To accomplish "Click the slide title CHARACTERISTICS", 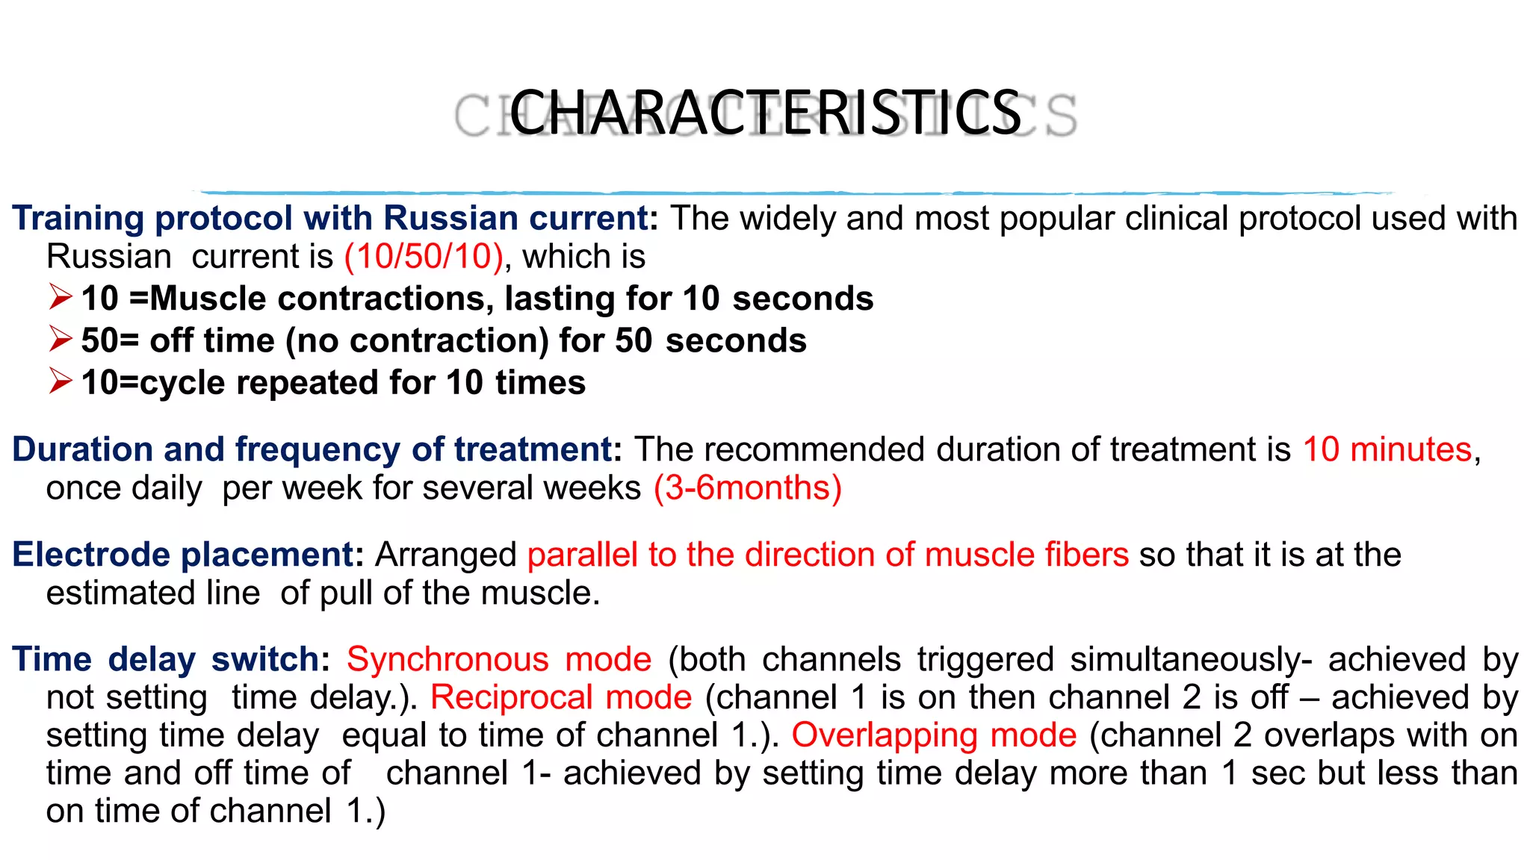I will [765, 113].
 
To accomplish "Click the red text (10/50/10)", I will [424, 257].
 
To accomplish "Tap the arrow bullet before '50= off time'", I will [60, 339].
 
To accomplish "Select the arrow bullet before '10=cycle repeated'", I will [60, 381].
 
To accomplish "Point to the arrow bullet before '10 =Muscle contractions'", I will [60, 297].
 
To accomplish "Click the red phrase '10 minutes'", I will [1387, 449].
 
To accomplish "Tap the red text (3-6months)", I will [747, 488].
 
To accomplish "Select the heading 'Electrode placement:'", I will [188, 555].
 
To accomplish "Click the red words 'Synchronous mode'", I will [499, 660].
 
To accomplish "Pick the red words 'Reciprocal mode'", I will [561, 697].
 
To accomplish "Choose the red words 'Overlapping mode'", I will [934, 735].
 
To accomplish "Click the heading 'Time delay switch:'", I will [171, 660].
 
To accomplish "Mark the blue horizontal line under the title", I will [792, 193].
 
